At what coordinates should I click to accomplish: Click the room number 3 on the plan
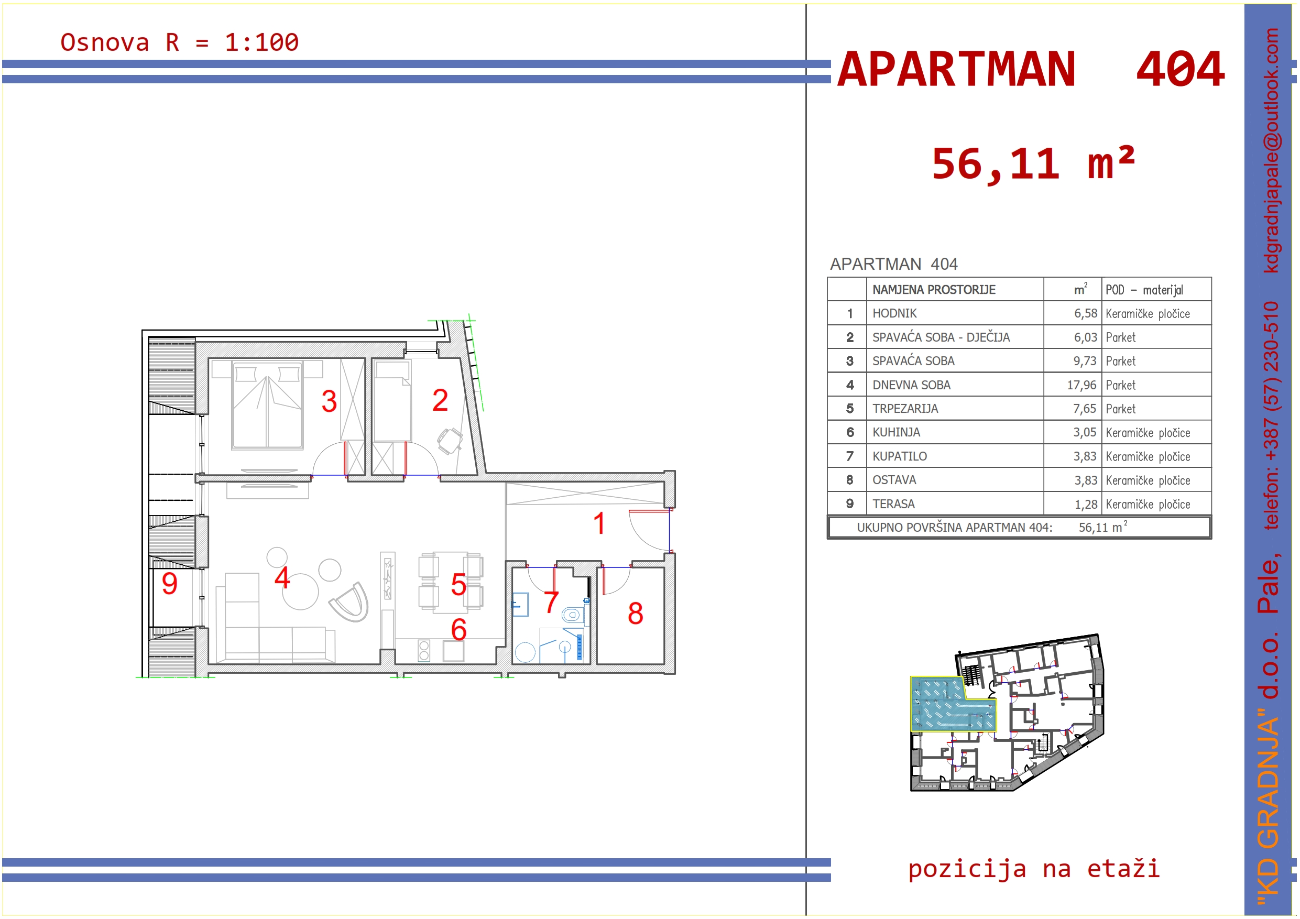coord(329,401)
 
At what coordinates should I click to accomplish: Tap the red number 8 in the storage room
coord(635,613)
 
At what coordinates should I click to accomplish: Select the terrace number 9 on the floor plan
coord(169,583)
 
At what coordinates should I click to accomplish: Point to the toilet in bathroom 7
coord(572,615)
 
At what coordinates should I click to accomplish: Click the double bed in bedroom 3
coord(267,404)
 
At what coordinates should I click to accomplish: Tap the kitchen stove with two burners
coord(423,651)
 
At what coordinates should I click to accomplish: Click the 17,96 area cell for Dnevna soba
coord(1081,385)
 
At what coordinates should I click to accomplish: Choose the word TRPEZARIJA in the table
coord(905,409)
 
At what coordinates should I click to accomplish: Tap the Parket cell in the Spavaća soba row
coord(1120,361)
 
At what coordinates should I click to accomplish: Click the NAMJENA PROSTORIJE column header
coord(934,290)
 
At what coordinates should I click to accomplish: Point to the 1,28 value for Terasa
coord(1086,504)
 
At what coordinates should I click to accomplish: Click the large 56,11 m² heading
coord(1033,164)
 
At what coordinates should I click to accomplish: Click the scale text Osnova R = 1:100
coord(180,42)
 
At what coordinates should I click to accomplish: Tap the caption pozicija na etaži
coord(1034,868)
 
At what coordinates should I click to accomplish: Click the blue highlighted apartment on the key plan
coord(946,705)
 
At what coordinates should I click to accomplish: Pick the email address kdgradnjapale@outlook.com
coord(1271,150)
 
